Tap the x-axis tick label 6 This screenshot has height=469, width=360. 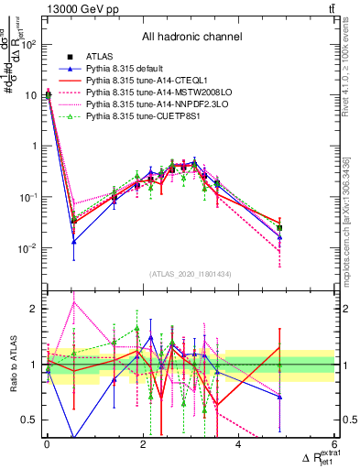[x=333, y=445]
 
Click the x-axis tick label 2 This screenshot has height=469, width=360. [x=142, y=445]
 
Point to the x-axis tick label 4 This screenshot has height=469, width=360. [x=238, y=445]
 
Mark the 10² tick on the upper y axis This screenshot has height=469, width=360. [x=27, y=44]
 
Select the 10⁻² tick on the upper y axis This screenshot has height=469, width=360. [x=27, y=248]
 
